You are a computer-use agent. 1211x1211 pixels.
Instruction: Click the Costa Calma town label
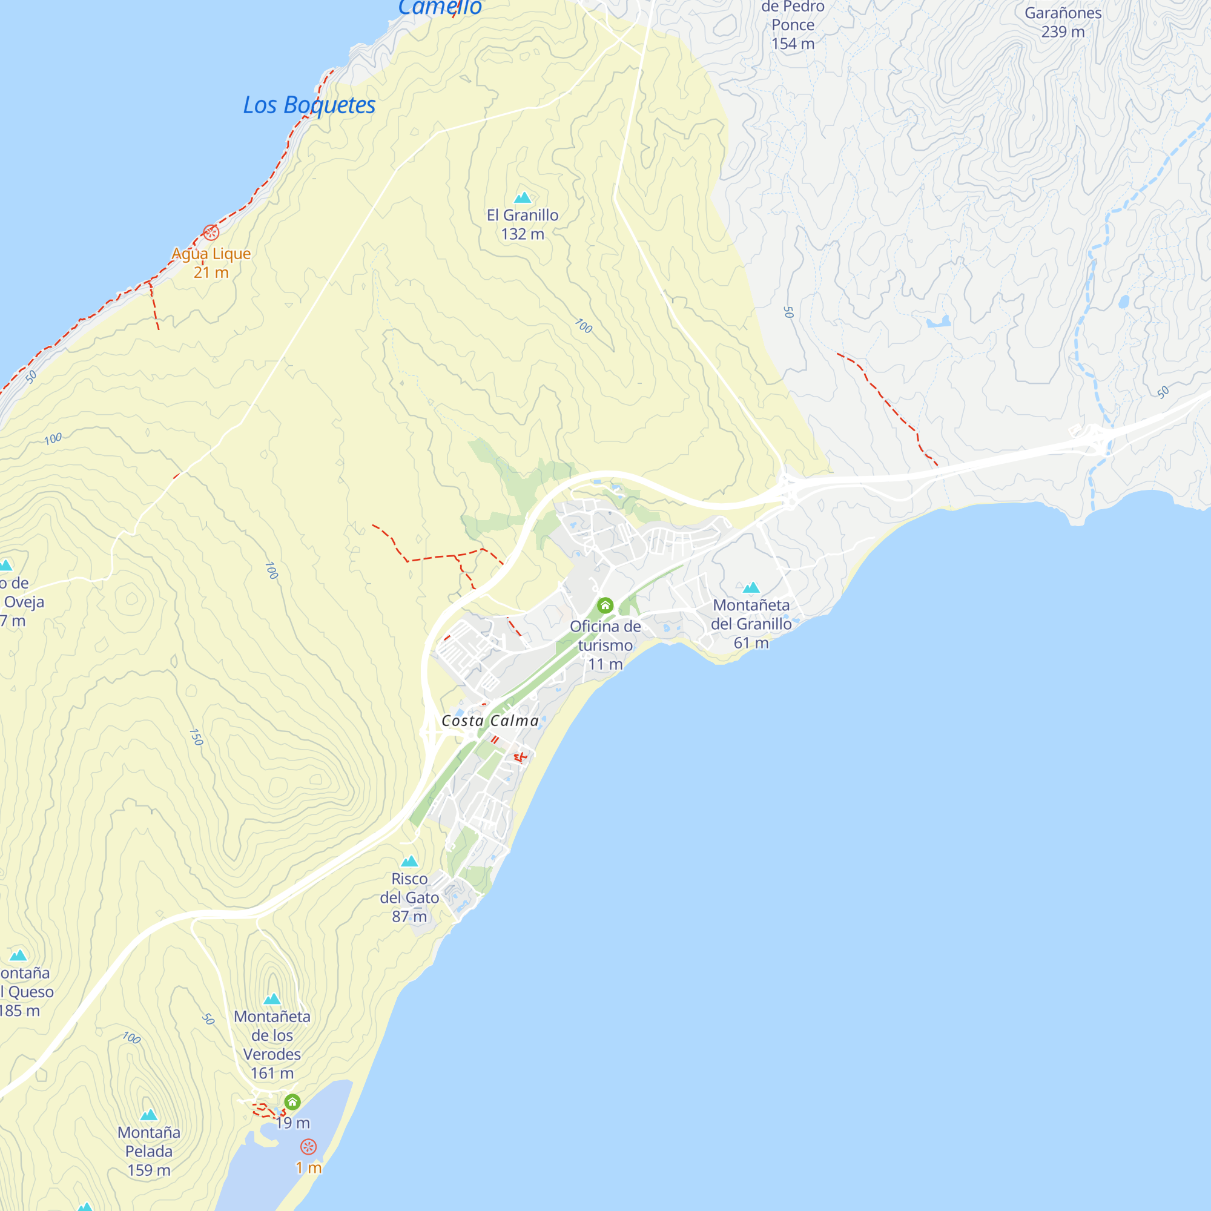click(490, 721)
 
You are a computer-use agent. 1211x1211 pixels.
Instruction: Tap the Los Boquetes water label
click(309, 105)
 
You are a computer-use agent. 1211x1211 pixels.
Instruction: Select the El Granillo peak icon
click(523, 198)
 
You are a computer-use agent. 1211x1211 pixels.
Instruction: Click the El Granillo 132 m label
click(523, 225)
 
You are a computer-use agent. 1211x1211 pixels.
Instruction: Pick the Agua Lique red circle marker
click(211, 233)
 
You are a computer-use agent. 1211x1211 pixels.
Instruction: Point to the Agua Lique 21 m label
click(211, 263)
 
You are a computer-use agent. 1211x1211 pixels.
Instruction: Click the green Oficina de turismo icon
click(605, 605)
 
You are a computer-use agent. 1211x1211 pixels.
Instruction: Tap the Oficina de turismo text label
click(605, 645)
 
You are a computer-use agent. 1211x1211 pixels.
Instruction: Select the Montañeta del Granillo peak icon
click(751, 588)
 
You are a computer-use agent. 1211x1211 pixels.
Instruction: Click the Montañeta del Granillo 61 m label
click(751, 624)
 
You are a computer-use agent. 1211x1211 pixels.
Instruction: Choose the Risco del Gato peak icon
click(409, 861)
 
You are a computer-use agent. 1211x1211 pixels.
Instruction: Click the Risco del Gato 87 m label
click(409, 897)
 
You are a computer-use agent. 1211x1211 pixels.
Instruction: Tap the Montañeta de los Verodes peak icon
click(272, 999)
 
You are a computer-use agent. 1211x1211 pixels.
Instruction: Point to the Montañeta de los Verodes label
click(272, 1044)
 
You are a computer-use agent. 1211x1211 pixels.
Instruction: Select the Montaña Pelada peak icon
click(148, 1115)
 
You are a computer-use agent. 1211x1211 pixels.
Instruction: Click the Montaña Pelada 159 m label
click(148, 1151)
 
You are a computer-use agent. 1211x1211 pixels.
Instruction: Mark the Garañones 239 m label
click(1063, 22)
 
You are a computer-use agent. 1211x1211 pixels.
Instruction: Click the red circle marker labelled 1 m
click(308, 1147)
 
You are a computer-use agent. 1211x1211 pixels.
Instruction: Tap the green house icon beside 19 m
click(292, 1102)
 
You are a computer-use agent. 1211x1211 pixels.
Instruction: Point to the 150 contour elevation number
click(196, 737)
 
